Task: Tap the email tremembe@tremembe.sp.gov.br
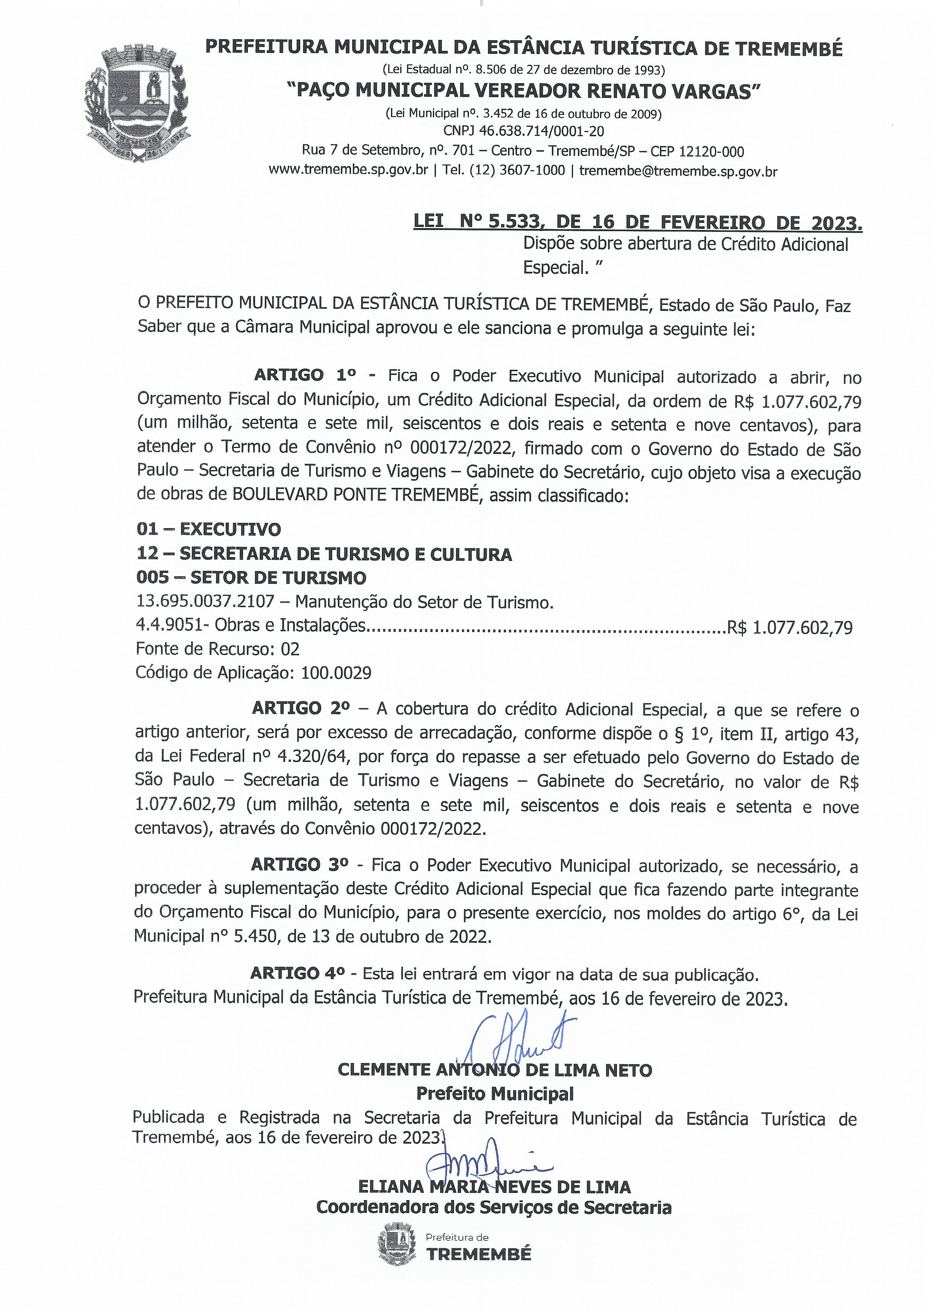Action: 678,171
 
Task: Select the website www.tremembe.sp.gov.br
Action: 348,171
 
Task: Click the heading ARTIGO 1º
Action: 304,375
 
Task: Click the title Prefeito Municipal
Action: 495,1092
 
